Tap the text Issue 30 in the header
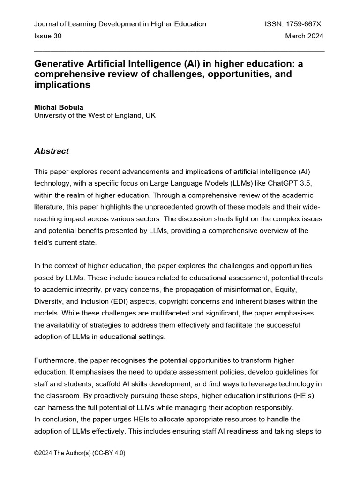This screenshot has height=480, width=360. click(48, 36)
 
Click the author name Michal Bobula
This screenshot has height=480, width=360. click(59, 107)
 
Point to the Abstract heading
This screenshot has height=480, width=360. click(52, 151)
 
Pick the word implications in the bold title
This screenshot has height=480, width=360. click(62, 85)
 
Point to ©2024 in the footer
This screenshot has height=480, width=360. click(43, 453)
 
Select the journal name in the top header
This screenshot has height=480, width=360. click(120, 24)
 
